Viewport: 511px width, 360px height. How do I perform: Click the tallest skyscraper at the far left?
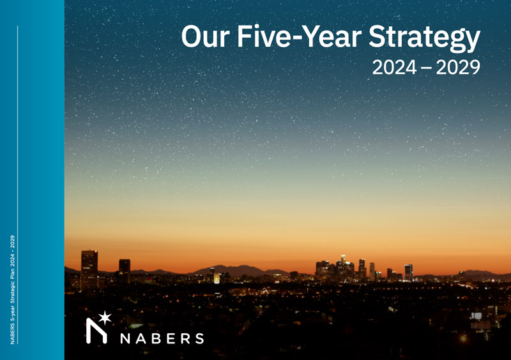89,263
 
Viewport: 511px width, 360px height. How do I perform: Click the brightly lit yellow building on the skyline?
217,278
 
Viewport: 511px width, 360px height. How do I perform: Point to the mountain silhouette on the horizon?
236,270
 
